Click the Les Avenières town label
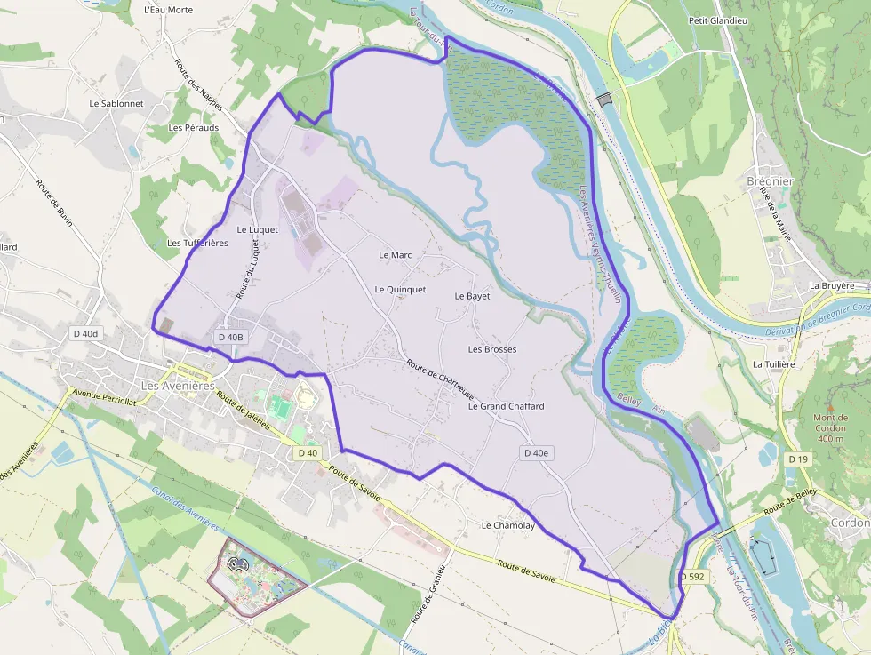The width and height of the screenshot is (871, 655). tap(178, 386)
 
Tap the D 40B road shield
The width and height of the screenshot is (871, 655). tap(230, 338)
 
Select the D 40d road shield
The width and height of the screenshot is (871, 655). tap(86, 333)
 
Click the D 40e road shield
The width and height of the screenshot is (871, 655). tap(537, 453)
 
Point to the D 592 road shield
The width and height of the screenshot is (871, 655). tap(693, 577)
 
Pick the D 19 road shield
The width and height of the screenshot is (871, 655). tap(797, 459)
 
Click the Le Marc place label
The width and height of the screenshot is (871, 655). tap(396, 255)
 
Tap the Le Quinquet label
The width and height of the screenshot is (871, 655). tap(400, 289)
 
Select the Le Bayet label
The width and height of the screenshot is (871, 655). tap(472, 296)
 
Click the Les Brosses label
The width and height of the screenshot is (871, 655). tap(492, 349)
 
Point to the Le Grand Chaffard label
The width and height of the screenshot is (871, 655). tap(506, 406)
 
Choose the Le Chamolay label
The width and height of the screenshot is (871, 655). tap(508, 525)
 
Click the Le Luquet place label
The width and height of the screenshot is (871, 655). tap(258, 229)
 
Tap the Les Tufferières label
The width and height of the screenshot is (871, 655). tap(197, 243)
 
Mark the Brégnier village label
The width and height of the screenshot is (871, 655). tap(770, 181)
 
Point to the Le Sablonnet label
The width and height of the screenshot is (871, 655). tap(116, 103)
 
